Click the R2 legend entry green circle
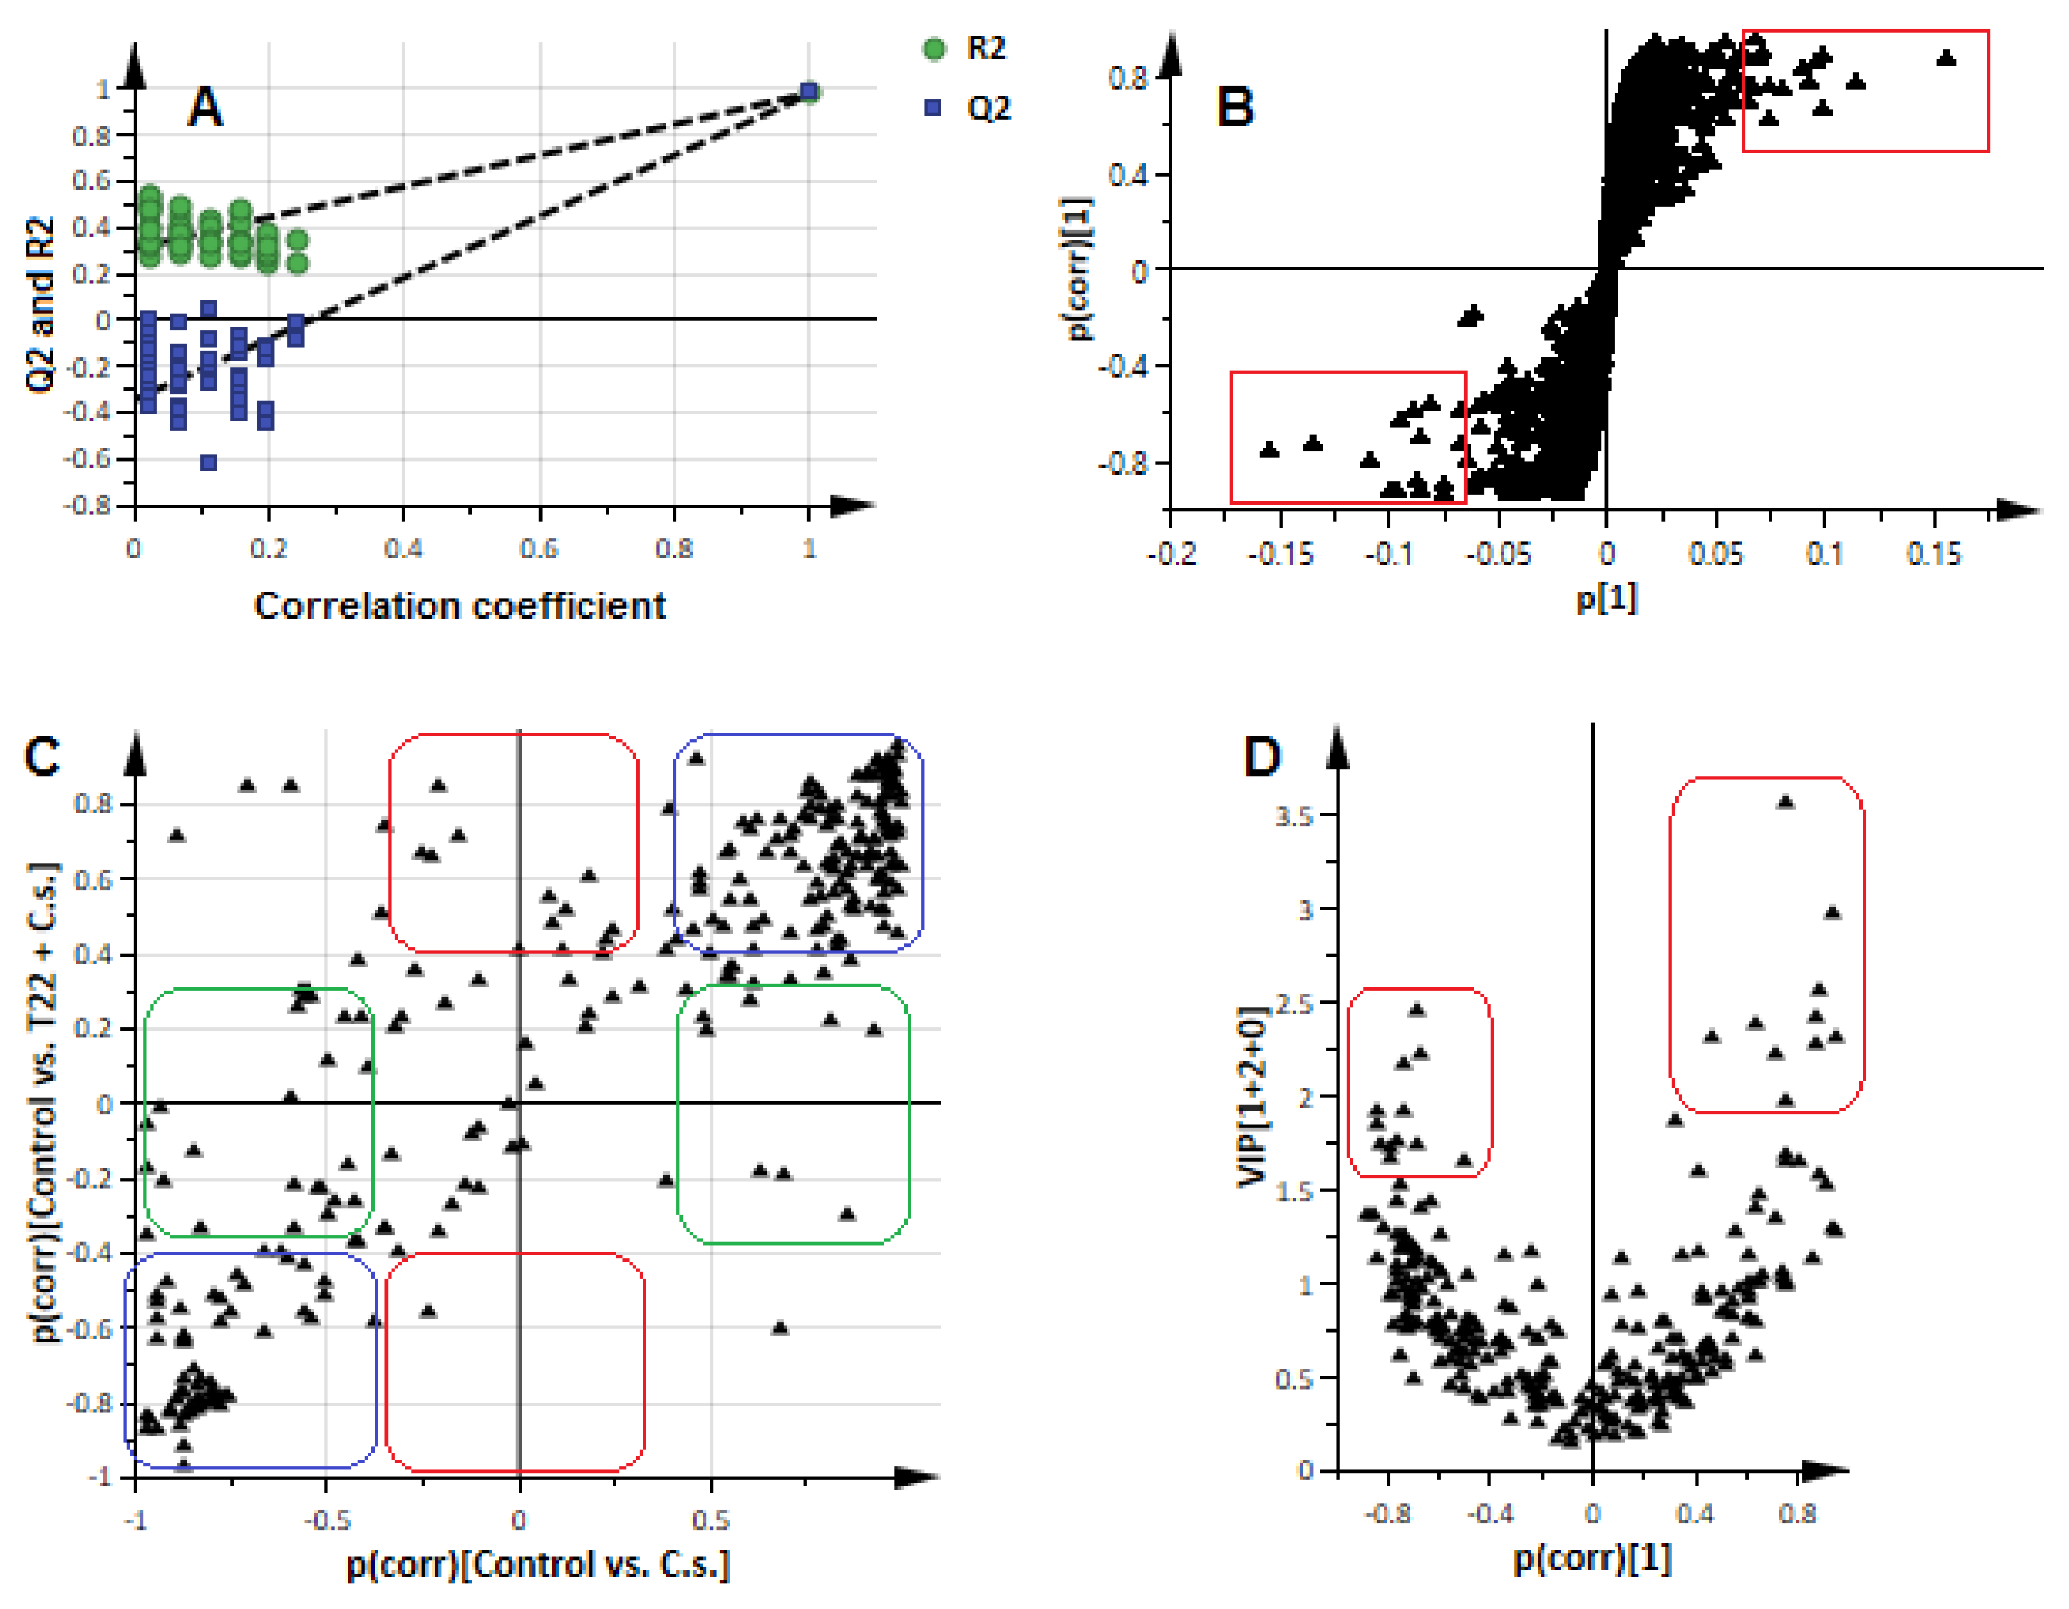pyautogui.click(x=934, y=49)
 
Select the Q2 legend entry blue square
pyautogui.click(x=933, y=108)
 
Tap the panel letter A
pyautogui.click(x=205, y=107)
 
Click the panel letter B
pyautogui.click(x=1234, y=106)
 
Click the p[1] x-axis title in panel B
pyautogui.click(x=1606, y=598)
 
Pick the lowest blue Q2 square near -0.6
pyautogui.click(x=209, y=463)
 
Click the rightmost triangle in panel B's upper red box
pyautogui.click(x=1947, y=58)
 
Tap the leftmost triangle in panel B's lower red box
pyautogui.click(x=1269, y=449)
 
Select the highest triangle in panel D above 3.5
pyautogui.click(x=1786, y=802)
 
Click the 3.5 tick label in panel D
pyautogui.click(x=1294, y=816)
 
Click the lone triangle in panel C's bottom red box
pyautogui.click(x=428, y=1311)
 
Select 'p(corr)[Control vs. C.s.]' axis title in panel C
pyautogui.click(x=538, y=1565)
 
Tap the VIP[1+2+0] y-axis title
pyautogui.click(x=1253, y=1096)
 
